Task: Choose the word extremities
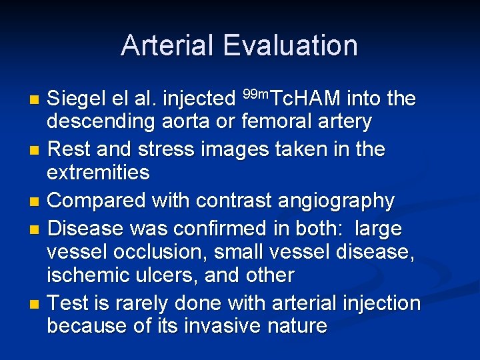pyautogui.click(x=98, y=173)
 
